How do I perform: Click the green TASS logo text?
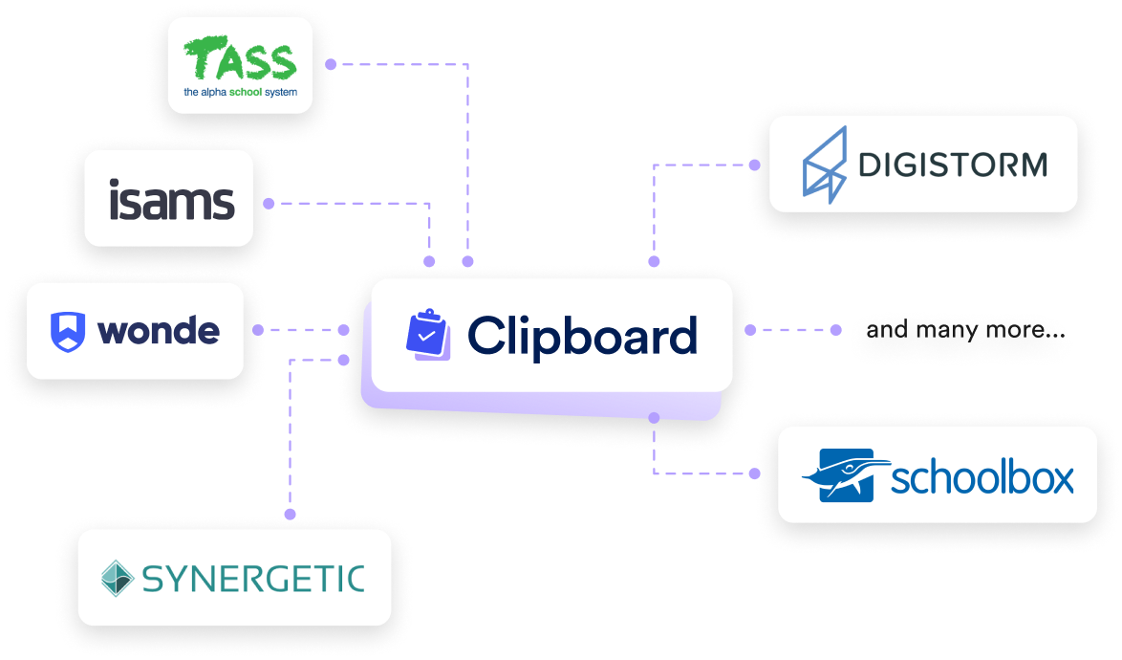click(240, 60)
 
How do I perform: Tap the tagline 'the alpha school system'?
click(240, 93)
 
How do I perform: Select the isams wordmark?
click(171, 199)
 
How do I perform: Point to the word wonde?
click(159, 331)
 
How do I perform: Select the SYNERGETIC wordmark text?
click(252, 578)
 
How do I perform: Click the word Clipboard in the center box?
click(582, 335)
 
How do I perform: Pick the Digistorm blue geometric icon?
click(824, 165)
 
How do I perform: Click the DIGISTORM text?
click(953, 165)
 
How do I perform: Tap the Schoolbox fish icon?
click(838, 475)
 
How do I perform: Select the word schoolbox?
click(982, 477)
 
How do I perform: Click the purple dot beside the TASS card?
click(331, 65)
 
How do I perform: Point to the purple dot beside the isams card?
click(270, 203)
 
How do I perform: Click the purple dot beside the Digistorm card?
click(754, 165)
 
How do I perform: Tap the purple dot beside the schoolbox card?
click(754, 473)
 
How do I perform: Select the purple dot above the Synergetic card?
click(291, 514)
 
